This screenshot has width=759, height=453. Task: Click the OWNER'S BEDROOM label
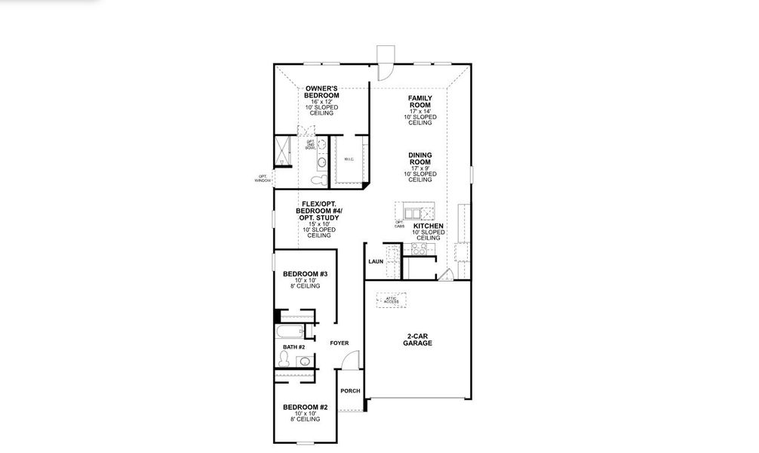(x=321, y=93)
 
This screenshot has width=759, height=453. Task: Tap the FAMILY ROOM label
(x=419, y=102)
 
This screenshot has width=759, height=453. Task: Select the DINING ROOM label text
(x=419, y=159)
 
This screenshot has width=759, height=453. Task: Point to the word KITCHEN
(x=428, y=226)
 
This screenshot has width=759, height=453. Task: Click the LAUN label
(x=376, y=262)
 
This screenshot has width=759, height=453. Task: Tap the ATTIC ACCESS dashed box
(x=391, y=300)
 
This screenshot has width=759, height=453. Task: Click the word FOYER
(x=340, y=344)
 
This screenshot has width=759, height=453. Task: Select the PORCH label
(x=350, y=391)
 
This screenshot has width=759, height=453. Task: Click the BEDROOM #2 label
(x=305, y=408)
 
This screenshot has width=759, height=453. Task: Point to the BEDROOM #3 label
(x=305, y=274)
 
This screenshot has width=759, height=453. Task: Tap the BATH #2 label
(x=293, y=347)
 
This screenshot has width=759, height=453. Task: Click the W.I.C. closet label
(x=349, y=159)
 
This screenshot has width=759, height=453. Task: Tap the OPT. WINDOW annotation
(x=263, y=179)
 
